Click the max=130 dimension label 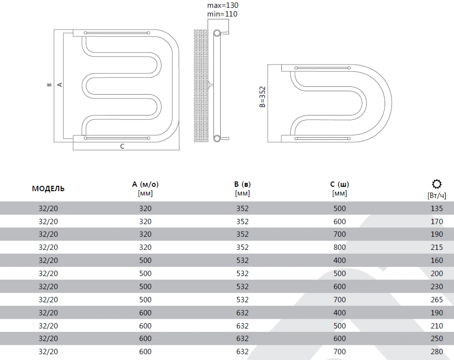click(223, 5)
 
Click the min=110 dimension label click(222, 14)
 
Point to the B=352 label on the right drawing click(262, 97)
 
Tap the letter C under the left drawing click(122, 146)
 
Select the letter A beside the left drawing click(60, 84)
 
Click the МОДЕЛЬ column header click(48, 189)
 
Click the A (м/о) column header click(146, 184)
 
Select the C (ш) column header click(340, 184)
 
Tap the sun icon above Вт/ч click(437, 184)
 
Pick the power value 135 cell click(437, 209)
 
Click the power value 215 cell click(437, 247)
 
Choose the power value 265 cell click(437, 299)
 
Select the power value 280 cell click(437, 352)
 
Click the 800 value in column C click(340, 247)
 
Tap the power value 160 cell click(437, 261)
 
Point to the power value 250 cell click(437, 339)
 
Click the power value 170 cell click(437, 222)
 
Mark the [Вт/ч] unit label click(437, 196)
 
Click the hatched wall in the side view click(201, 86)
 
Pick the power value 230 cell click(437, 286)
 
